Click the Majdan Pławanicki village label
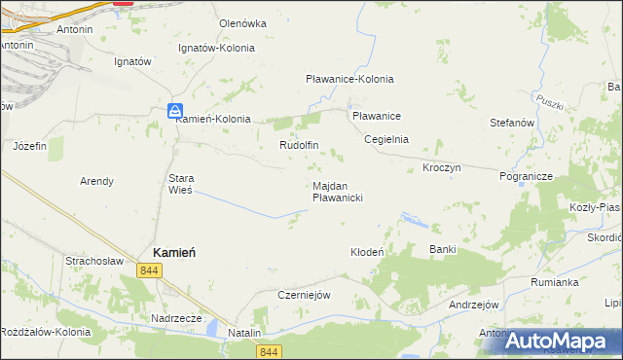pos(338,192)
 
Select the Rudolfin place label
pos(300,146)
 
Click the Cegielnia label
pos(386,139)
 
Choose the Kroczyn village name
pos(442,168)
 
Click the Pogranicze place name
pos(526,177)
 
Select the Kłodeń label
pos(368,252)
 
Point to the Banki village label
pos(443,250)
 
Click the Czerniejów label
pos(306,295)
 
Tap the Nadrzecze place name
pos(176,318)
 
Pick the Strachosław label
pos(93,261)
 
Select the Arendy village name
pos(96,181)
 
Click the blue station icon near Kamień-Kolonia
pos(173,110)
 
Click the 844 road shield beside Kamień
pos(149,270)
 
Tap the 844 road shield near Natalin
pos(271,351)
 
